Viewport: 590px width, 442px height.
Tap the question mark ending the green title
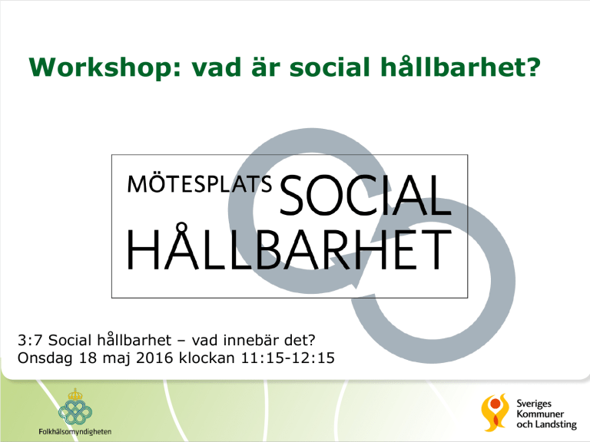(x=534, y=66)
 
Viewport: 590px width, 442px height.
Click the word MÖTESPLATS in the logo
(x=200, y=183)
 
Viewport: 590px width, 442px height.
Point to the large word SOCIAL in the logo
(x=366, y=196)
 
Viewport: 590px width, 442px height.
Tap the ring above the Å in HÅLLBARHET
(x=182, y=227)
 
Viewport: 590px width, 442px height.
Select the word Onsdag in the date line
(x=45, y=358)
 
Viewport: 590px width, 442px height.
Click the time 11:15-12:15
(x=288, y=358)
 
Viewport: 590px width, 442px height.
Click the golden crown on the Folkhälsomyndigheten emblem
(x=75, y=394)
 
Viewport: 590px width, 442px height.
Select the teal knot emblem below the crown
(x=75, y=412)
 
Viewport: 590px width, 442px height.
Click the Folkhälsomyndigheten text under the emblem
(x=75, y=431)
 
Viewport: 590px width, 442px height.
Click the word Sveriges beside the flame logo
(x=534, y=404)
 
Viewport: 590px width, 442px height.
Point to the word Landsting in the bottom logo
(x=556, y=424)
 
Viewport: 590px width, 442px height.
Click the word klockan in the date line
(x=207, y=358)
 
